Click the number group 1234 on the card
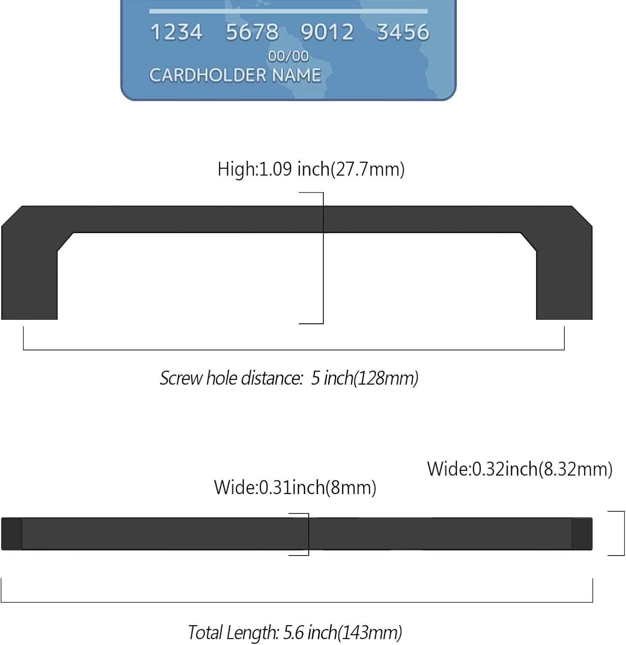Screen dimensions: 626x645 [x=176, y=32]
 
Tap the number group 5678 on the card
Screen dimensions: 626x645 [x=252, y=32]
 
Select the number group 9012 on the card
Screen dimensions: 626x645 [x=327, y=32]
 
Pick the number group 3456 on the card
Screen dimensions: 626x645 [x=403, y=32]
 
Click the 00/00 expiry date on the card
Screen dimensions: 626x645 [x=288, y=56]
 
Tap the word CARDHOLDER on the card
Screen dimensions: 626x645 [x=208, y=75]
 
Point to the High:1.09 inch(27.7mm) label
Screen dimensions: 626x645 [x=311, y=169]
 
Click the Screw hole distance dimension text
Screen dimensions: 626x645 [x=289, y=378]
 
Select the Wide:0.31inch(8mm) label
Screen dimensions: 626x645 [x=295, y=487]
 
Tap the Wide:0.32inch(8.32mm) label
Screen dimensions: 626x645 [x=520, y=469]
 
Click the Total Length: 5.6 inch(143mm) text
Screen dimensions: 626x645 [x=295, y=633]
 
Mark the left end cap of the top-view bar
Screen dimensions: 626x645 [x=12, y=534]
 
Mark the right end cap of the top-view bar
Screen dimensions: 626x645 [x=583, y=534]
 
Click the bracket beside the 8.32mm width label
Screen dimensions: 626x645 [x=624, y=533]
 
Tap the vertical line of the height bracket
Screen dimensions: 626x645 [x=323, y=258]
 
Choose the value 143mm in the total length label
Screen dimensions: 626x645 [x=369, y=633]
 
